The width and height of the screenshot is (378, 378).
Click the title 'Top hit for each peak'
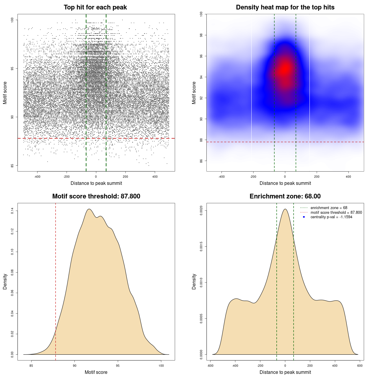(95, 7)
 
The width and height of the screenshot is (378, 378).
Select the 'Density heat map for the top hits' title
(285, 7)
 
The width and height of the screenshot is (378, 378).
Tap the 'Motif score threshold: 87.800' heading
(96, 196)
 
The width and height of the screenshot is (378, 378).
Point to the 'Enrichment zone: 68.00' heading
(285, 196)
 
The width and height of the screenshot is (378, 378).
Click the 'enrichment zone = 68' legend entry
(329, 208)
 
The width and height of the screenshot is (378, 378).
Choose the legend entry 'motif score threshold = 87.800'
(336, 212)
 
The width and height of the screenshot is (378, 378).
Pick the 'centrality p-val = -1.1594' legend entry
(331, 217)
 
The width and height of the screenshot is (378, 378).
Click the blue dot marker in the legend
(304, 217)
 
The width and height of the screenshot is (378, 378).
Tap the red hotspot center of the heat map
(285, 69)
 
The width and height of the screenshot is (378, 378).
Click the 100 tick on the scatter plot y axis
(12, 20)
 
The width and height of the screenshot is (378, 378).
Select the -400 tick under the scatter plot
(37, 177)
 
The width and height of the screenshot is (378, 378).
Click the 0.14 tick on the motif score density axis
(12, 211)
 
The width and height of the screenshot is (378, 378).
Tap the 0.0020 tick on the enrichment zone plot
(201, 211)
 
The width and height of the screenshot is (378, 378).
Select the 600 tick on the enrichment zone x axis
(360, 366)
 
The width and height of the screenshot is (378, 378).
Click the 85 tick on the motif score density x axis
(31, 366)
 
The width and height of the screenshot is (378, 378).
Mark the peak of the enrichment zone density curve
(285, 209)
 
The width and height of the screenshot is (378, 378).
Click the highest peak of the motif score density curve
(89, 209)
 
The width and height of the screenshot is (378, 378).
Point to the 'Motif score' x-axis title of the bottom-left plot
(96, 372)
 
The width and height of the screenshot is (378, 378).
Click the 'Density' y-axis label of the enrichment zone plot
(194, 281)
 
